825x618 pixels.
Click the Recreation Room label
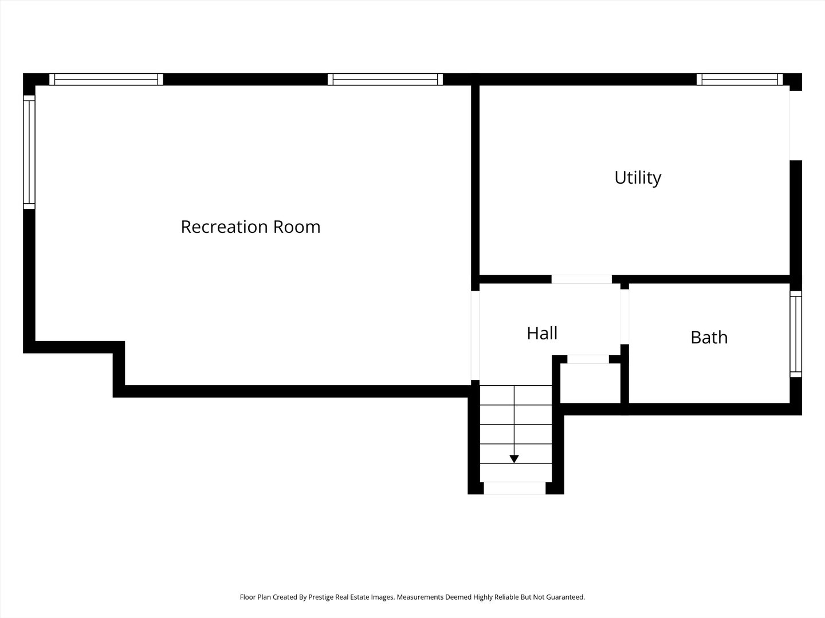[250, 227]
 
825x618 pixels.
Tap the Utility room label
[638, 178]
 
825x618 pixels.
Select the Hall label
[542, 333]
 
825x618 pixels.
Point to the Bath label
[709, 338]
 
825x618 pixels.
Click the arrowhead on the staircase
[514, 459]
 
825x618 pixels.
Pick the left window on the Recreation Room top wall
[106, 79]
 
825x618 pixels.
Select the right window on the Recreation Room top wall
[385, 79]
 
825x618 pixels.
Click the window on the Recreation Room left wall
[29, 152]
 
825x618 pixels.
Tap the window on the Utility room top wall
[740, 79]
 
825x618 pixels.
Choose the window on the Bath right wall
[796, 334]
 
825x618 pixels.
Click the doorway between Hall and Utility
[582, 279]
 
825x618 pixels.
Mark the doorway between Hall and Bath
[624, 316]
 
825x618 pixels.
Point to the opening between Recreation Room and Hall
[475, 335]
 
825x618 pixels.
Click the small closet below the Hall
[590, 383]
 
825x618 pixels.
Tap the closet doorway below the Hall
[588, 359]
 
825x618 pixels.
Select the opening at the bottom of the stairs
[514, 488]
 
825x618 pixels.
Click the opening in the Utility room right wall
[796, 126]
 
